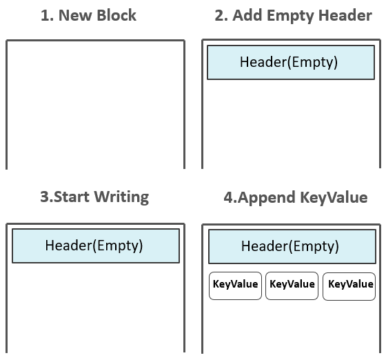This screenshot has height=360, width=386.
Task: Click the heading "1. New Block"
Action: (x=88, y=15)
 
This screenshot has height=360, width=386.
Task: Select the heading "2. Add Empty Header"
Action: (x=294, y=17)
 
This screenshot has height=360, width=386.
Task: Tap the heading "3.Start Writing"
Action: (x=94, y=197)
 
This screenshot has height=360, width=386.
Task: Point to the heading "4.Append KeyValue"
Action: (x=296, y=198)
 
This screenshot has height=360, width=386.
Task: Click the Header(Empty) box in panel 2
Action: (x=291, y=62)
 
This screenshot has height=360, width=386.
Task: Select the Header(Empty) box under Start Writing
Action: (x=96, y=246)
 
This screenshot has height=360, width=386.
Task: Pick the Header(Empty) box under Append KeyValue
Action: (x=292, y=246)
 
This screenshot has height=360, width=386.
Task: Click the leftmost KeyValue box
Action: (x=235, y=286)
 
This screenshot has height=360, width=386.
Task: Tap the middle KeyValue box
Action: (x=292, y=286)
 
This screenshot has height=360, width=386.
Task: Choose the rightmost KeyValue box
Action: (x=349, y=286)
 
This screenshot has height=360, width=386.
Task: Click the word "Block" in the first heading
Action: (x=116, y=15)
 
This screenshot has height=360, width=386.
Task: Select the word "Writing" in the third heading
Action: (x=121, y=197)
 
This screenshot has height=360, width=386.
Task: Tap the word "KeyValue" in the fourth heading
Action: (x=334, y=198)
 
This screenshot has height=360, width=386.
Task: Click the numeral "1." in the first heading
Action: (x=47, y=15)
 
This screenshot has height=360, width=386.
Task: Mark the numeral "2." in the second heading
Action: (x=221, y=15)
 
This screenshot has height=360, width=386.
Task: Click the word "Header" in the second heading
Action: (x=345, y=15)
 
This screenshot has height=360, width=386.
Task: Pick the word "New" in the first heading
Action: (x=75, y=15)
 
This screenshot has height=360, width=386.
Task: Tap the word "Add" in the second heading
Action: (x=247, y=15)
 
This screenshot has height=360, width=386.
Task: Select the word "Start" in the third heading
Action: (x=72, y=197)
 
